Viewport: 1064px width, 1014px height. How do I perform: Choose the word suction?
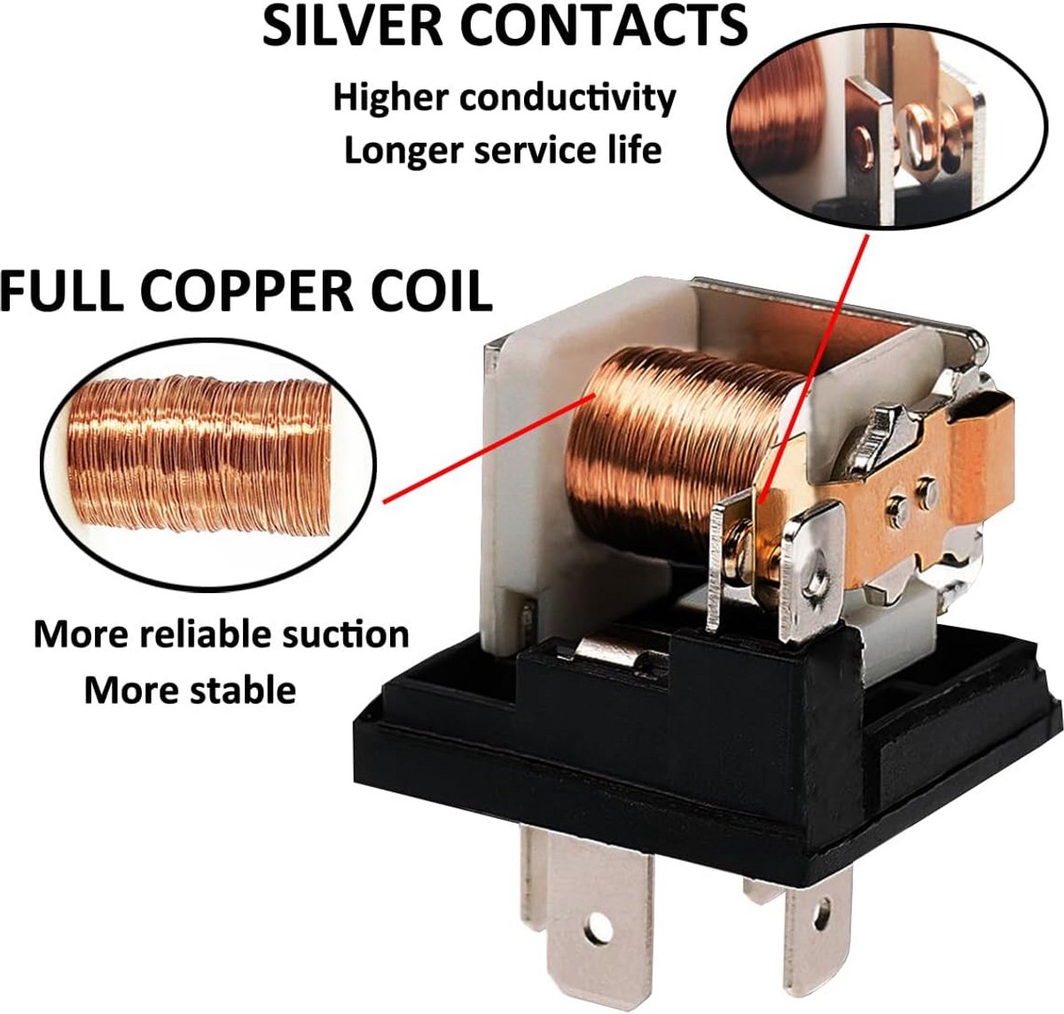pos(348,635)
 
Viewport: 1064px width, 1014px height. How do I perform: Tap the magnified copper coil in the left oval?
pos(199,456)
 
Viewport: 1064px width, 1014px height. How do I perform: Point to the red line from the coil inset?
pos(489,449)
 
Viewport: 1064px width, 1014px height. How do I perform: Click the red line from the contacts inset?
pos(813,369)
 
